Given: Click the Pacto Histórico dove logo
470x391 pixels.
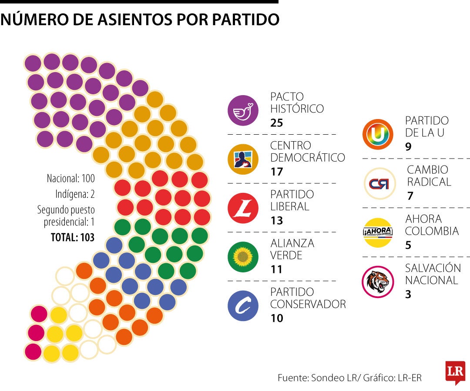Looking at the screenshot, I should point(243,110).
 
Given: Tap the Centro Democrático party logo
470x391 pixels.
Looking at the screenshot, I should point(243,159).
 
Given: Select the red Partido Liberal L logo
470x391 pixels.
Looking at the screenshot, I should point(243,208).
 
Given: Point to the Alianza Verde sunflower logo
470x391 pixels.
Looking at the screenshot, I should point(243,257).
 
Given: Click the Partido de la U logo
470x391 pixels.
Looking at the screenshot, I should point(378,135).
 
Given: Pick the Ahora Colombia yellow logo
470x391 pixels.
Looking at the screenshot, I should point(378,232).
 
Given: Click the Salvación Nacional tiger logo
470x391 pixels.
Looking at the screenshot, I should point(378,282).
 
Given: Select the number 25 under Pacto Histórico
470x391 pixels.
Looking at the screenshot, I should point(276,123).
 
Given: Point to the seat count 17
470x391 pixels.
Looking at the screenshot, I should point(276,172).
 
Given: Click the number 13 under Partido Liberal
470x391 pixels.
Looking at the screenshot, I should point(276,221).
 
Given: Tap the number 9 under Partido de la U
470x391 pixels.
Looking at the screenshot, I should point(408,147).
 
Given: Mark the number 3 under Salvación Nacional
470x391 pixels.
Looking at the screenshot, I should point(408,294).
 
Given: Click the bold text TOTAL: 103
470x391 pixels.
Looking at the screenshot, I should point(72,237).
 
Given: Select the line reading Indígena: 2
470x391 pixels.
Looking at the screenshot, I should point(75,193).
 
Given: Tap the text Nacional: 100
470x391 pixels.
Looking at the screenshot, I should point(70,178).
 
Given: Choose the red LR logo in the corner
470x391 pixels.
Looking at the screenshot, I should point(455,372).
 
